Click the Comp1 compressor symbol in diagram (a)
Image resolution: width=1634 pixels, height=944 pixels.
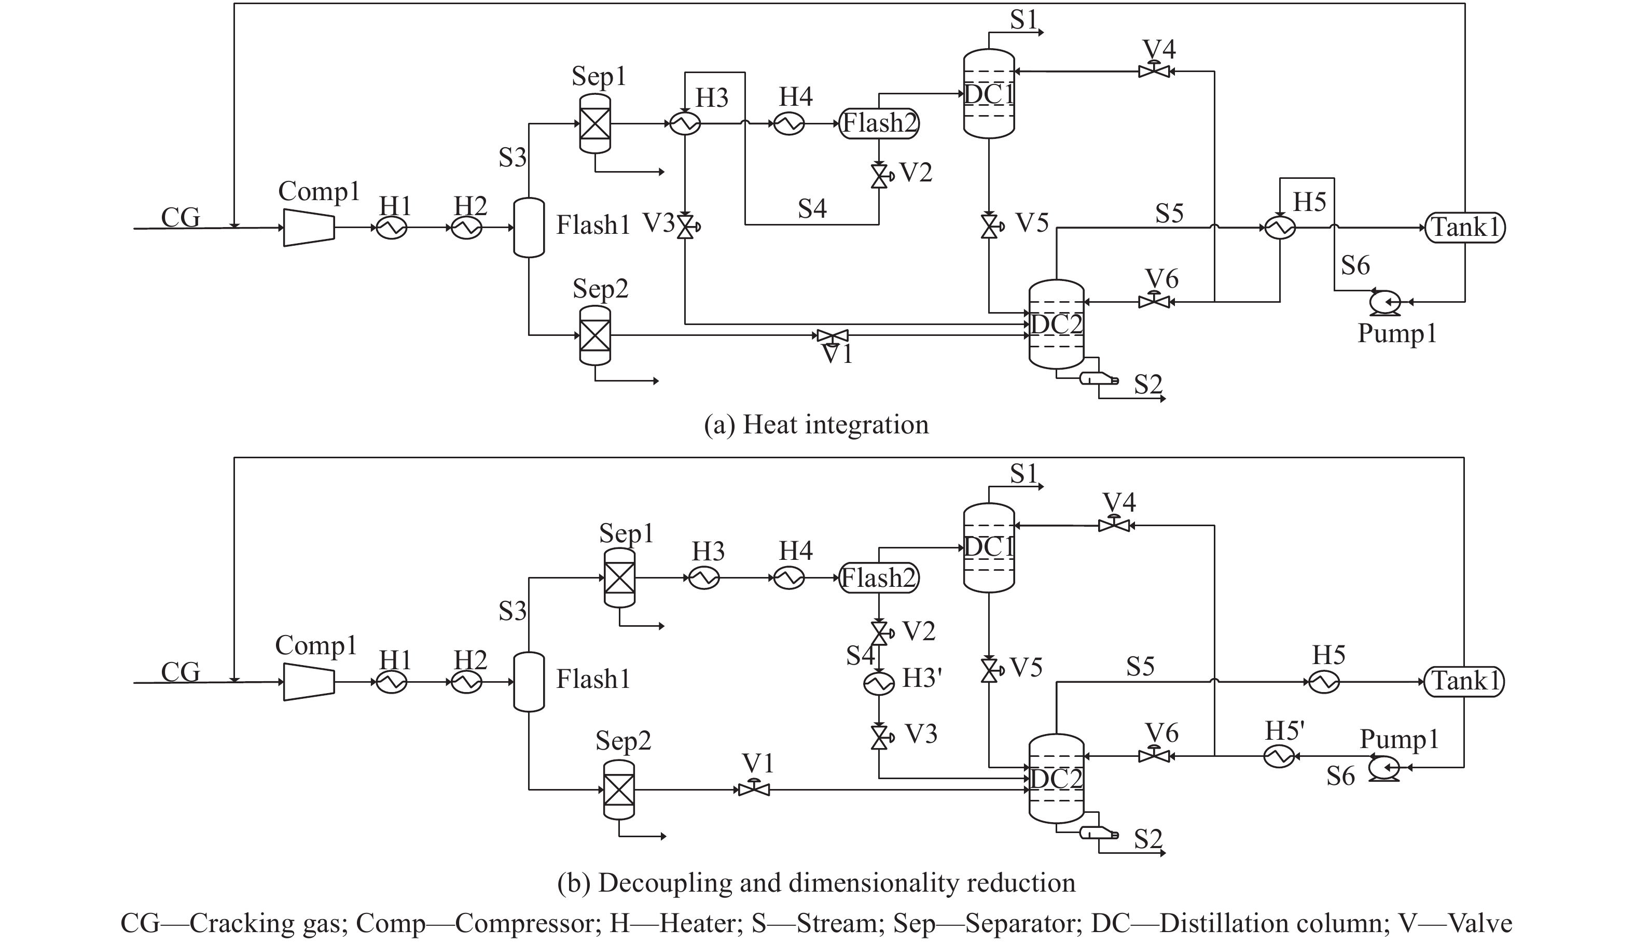[309, 228]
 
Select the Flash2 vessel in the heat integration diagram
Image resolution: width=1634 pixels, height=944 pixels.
[879, 123]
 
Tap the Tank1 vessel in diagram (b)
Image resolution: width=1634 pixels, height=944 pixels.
[1464, 682]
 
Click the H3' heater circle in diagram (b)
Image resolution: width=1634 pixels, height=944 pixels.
[879, 682]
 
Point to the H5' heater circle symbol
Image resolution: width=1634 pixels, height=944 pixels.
[1279, 755]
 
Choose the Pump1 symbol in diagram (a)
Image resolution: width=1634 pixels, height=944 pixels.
[1384, 302]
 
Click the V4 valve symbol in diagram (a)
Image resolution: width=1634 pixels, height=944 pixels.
[1154, 70]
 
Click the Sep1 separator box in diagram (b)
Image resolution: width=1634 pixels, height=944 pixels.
[619, 578]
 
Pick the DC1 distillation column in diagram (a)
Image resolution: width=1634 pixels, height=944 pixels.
[989, 94]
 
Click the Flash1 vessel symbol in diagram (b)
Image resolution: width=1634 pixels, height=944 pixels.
[529, 682]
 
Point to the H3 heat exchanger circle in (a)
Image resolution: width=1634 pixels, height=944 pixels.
[685, 123]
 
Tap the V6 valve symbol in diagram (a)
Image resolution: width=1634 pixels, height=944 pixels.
[1154, 301]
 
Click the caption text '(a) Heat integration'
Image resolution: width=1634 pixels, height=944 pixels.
[816, 425]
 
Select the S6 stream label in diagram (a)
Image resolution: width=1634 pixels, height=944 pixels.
[1355, 265]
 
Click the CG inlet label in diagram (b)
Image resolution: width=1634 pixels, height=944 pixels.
[181, 672]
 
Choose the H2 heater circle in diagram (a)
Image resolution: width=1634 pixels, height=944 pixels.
[467, 228]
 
